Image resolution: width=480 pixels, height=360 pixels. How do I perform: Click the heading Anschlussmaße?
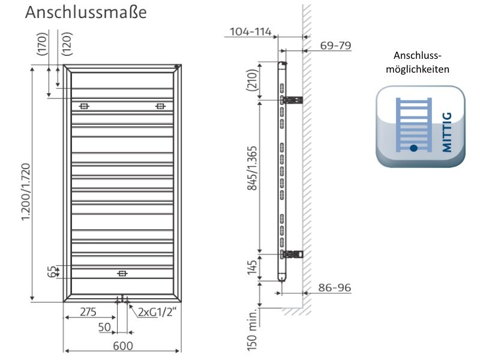[x=86, y=13]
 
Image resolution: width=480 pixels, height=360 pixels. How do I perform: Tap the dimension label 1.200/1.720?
[x=26, y=192]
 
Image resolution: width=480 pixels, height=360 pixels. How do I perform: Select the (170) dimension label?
[x=42, y=44]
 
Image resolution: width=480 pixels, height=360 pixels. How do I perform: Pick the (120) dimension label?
[x=67, y=44]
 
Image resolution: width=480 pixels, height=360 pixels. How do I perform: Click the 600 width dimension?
[x=123, y=346]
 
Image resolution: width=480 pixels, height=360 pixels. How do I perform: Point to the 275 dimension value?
[x=88, y=312]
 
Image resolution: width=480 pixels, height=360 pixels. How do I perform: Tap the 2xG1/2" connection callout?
[x=157, y=312]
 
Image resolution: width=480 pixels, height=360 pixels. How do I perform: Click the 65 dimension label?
[x=52, y=272]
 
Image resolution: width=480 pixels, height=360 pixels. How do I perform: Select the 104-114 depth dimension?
[x=250, y=32]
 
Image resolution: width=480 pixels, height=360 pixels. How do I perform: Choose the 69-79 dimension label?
[x=335, y=46]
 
